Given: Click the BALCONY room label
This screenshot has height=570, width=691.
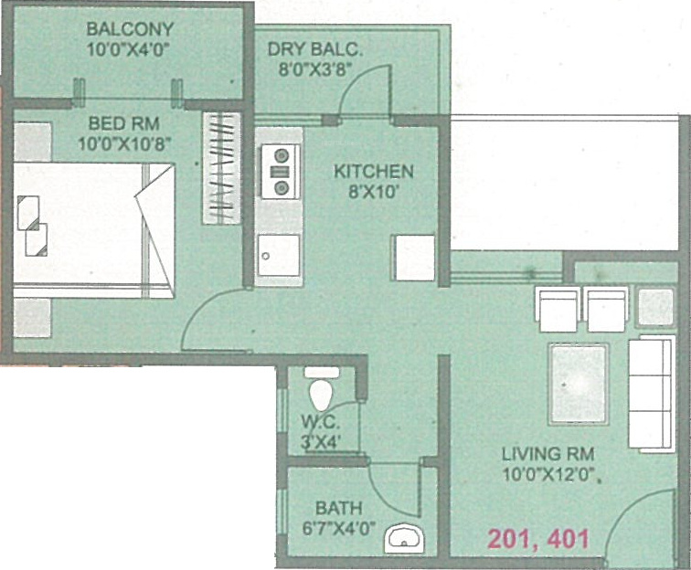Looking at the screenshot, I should (x=129, y=28).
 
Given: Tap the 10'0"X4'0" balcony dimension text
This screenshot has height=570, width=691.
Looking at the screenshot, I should (x=129, y=49).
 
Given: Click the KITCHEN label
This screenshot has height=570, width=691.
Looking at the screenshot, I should (x=373, y=172).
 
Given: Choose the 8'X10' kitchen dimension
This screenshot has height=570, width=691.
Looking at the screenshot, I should (x=373, y=193).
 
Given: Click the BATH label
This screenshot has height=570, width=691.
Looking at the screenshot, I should (x=338, y=507).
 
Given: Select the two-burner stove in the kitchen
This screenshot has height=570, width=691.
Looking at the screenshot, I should (x=281, y=171).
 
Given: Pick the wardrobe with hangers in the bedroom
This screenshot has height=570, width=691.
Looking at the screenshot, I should (x=221, y=166).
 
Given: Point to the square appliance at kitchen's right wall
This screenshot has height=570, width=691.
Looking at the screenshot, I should (x=413, y=257).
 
